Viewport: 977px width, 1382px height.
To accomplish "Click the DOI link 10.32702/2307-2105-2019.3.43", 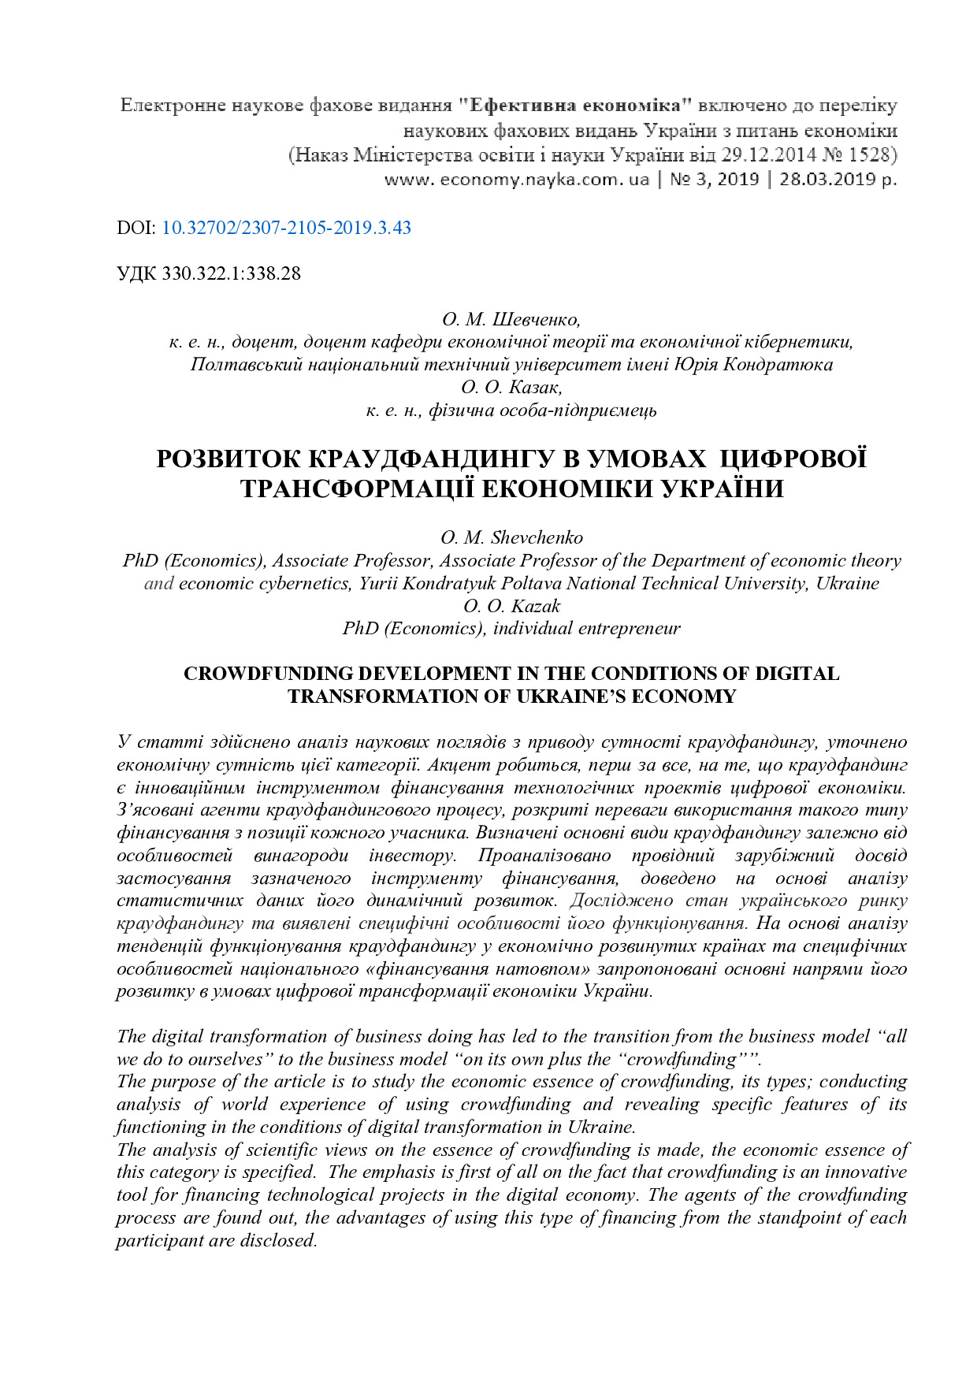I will coord(286,228).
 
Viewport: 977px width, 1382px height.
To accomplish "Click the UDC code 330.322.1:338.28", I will coord(231,274).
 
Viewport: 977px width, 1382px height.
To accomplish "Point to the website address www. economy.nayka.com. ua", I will coord(517,180).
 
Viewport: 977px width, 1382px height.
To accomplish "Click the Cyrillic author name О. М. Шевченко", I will coord(511,320).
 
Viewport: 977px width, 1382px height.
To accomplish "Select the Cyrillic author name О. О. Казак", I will coord(511,388).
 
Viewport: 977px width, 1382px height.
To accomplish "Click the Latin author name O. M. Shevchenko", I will coord(511,538).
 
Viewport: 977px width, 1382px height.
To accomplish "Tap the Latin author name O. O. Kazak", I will coord(511,607).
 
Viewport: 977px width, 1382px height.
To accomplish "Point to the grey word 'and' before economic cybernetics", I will coord(158,584).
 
